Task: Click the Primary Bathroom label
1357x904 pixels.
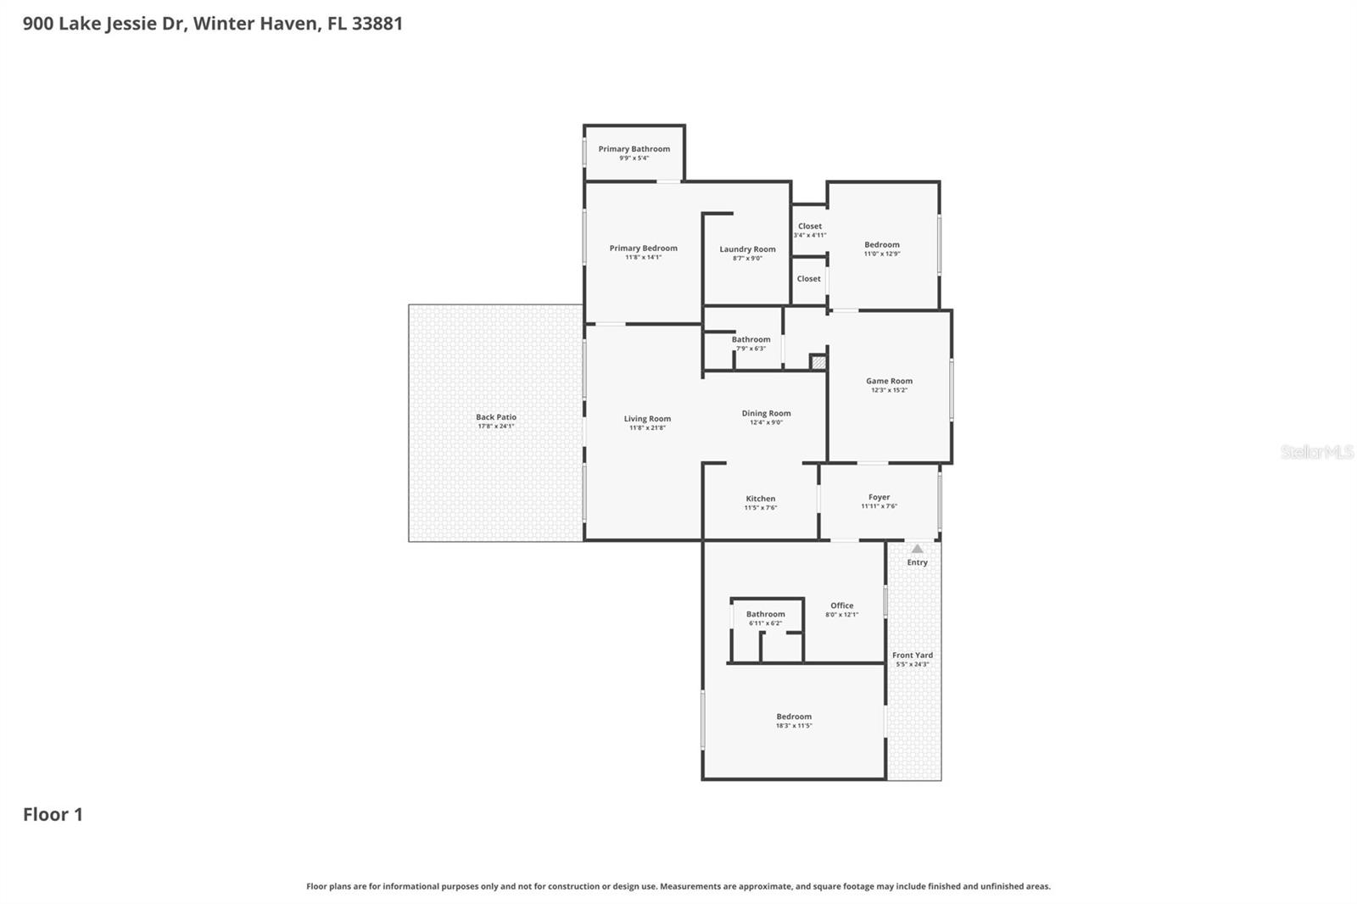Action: coord(634,149)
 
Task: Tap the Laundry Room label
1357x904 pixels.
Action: coord(747,249)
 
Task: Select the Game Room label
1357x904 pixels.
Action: coord(889,381)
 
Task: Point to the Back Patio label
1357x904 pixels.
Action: coord(495,417)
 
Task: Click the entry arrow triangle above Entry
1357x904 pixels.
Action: coord(917,549)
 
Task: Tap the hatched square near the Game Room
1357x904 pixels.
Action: coord(818,362)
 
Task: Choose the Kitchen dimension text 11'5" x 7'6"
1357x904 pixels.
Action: coord(760,508)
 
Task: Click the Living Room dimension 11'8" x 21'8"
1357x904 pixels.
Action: coord(647,428)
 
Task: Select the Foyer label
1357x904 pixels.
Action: coord(879,498)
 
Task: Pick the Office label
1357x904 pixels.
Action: coord(841,605)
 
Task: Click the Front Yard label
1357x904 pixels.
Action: coord(912,655)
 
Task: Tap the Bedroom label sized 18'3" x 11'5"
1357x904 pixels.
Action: coord(794,717)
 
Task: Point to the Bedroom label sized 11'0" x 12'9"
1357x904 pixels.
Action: coord(881,244)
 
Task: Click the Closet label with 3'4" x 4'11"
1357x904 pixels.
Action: coord(809,226)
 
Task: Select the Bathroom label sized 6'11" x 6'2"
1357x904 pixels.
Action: coord(765,614)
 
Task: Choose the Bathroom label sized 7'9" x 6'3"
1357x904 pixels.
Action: coord(751,339)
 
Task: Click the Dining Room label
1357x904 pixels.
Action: coord(766,414)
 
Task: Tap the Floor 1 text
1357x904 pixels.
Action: coord(53,815)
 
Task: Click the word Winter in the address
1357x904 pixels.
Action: coord(225,24)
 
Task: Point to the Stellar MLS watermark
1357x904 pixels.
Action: coord(1316,453)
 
